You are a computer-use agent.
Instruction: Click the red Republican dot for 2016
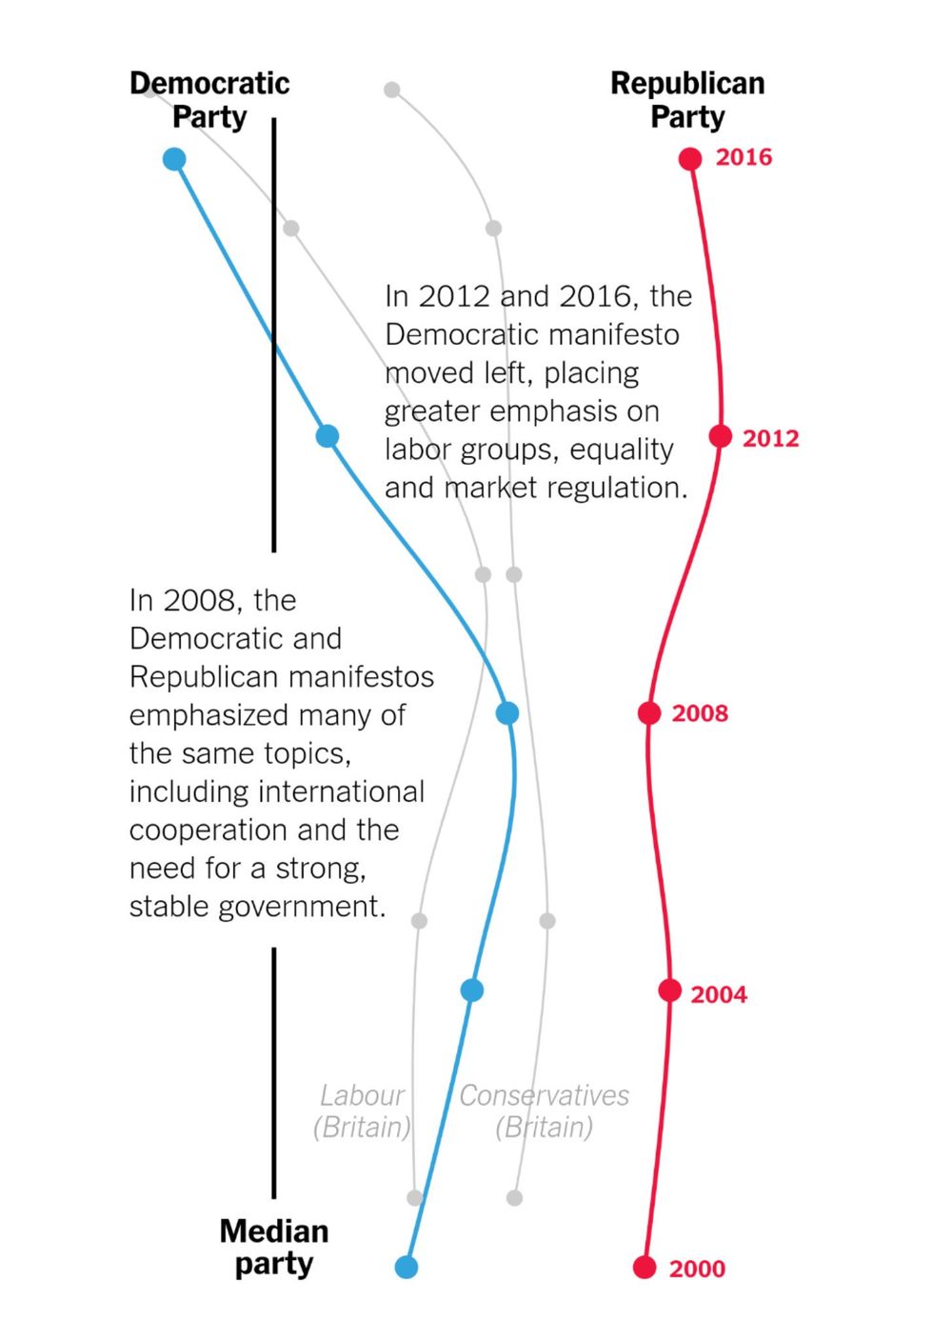[x=690, y=159]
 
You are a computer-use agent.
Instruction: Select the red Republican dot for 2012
[x=721, y=436]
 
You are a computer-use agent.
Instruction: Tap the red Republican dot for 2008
[x=649, y=713]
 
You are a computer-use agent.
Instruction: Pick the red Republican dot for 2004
[x=670, y=991]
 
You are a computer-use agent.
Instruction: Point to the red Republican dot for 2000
[x=645, y=1268]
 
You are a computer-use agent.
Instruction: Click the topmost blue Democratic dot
[x=174, y=159]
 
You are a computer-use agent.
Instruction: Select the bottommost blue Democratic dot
[x=407, y=1268]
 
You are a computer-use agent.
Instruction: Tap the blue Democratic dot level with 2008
[x=507, y=713]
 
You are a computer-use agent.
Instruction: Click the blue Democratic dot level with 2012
[x=328, y=436]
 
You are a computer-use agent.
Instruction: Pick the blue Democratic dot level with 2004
[x=472, y=991]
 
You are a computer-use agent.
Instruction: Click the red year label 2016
[x=744, y=157]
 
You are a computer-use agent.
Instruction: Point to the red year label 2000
[x=697, y=1269]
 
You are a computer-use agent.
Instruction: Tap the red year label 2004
[x=719, y=994]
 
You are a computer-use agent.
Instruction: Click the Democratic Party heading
[x=209, y=100]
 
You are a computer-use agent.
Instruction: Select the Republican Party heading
[x=687, y=100]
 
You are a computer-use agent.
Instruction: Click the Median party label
[x=274, y=1247]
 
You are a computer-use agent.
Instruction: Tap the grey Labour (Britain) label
[x=362, y=1111]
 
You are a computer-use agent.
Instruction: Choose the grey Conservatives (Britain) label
[x=544, y=1111]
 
